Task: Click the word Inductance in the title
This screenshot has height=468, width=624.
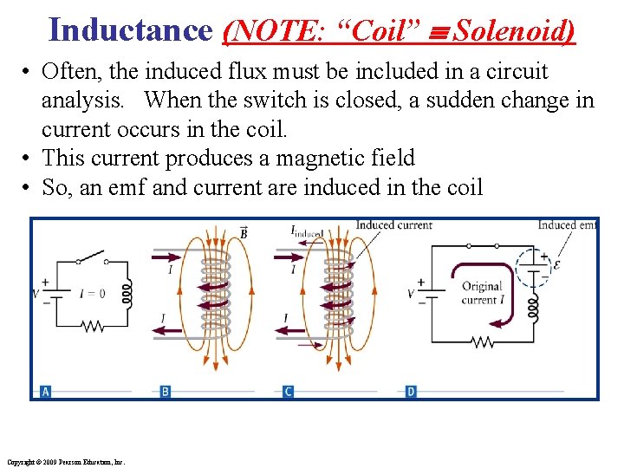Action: pyautogui.click(x=130, y=29)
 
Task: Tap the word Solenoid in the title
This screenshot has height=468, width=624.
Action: pyautogui.click(x=513, y=31)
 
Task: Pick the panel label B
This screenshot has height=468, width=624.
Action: pyautogui.click(x=166, y=392)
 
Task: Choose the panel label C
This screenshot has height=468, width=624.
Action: pyautogui.click(x=289, y=392)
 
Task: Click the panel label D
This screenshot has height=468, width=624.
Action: pyautogui.click(x=411, y=392)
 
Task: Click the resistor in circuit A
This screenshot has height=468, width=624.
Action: pyautogui.click(x=91, y=327)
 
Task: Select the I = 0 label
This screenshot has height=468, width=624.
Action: pyautogui.click(x=91, y=294)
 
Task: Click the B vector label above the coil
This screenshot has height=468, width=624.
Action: pyautogui.click(x=243, y=231)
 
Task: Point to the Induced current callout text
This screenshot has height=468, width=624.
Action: pyautogui.click(x=393, y=225)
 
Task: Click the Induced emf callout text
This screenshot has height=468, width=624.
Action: pyautogui.click(x=567, y=225)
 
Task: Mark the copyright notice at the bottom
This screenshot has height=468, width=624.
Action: pyautogui.click(x=66, y=462)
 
